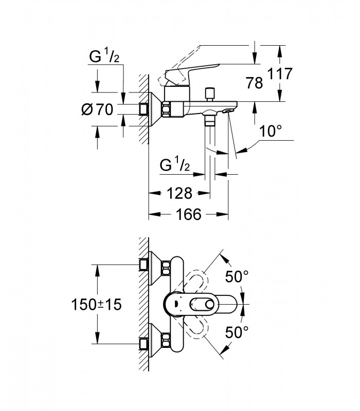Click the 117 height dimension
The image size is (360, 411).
click(280, 73)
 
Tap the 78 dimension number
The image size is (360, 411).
click(254, 83)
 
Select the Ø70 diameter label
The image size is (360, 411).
click(97, 109)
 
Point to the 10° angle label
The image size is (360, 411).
click(271, 131)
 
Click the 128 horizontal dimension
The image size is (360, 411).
click(179, 194)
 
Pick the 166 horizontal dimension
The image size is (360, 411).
click(189, 214)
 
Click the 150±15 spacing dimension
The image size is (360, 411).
click(97, 305)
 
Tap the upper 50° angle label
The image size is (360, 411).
click(237, 276)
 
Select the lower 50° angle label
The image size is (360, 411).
click(237, 332)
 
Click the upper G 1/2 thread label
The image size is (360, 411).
click(104, 57)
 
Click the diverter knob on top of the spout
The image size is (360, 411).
click(210, 95)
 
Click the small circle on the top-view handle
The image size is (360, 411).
click(210, 305)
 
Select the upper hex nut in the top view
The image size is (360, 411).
click(166, 268)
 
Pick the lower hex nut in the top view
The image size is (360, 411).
click(166, 340)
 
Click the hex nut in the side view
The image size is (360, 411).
click(167, 109)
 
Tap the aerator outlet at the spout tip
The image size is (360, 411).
click(227, 111)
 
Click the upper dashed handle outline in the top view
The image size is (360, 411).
click(196, 282)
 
